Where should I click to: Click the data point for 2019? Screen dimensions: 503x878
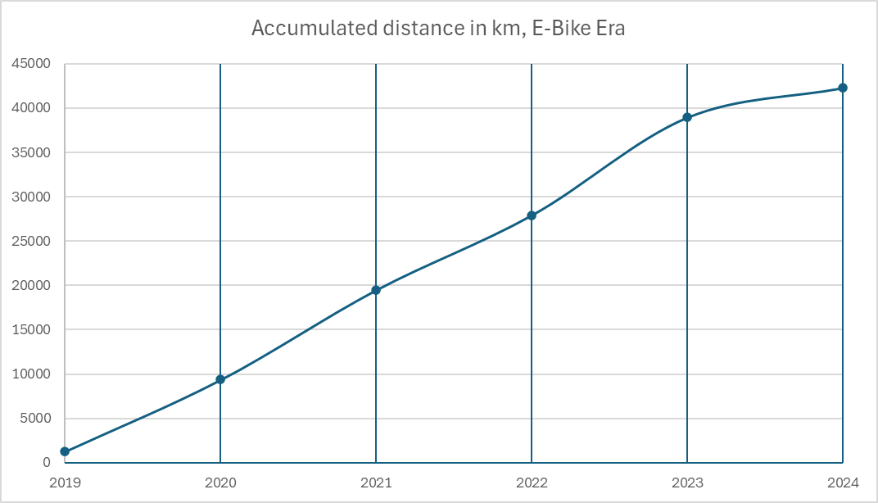tap(65, 451)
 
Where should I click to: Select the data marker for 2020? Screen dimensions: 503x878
tap(220, 379)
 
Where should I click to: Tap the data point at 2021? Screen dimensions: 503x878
tap(376, 290)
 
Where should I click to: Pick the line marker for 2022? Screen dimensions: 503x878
tap(532, 215)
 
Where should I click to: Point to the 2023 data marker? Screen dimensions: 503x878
tap(687, 117)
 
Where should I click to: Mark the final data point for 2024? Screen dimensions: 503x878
tap(843, 88)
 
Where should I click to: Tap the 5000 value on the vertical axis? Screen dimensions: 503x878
tap(36, 419)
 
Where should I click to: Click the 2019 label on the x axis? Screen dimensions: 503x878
tap(65, 483)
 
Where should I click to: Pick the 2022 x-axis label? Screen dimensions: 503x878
tap(532, 483)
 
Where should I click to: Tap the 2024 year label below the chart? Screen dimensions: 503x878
tap(843, 483)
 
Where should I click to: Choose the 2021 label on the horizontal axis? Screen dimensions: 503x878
tap(376, 483)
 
